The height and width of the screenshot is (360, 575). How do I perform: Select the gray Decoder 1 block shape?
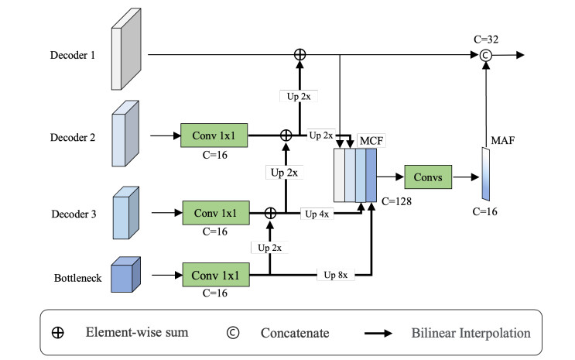(x=126, y=53)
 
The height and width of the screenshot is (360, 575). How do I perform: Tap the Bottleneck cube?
(x=127, y=273)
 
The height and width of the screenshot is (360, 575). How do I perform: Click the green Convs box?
(x=428, y=178)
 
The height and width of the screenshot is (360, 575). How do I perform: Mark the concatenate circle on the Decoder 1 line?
(x=486, y=55)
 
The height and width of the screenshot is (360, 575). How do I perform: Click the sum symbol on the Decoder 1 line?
(x=299, y=55)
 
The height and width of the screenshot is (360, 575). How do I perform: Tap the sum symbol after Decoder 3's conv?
(x=270, y=211)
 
